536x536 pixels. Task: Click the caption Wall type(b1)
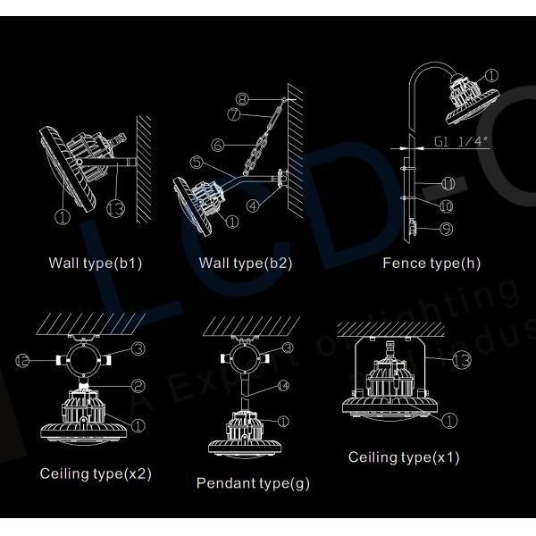[96, 264]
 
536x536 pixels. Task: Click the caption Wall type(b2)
[245, 264]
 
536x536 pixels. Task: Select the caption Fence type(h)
[431, 264]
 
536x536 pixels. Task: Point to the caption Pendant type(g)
[253, 483]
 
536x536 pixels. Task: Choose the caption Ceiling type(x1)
[404, 457]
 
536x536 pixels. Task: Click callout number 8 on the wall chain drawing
[242, 99]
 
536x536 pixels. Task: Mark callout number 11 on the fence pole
[448, 184]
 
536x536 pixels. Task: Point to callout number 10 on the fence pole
[448, 205]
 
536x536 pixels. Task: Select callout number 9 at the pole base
[446, 229]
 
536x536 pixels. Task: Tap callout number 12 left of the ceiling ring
[24, 359]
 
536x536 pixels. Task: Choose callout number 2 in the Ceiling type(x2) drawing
[139, 385]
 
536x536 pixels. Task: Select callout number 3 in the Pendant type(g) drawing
[288, 348]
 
